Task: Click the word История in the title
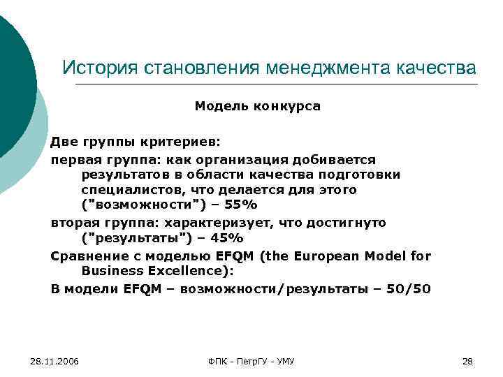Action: click(x=99, y=68)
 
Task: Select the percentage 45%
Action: click(x=225, y=239)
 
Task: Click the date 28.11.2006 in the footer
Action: click(x=54, y=361)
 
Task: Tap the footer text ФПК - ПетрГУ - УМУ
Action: click(x=251, y=361)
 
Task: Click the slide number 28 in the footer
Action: click(x=468, y=361)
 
